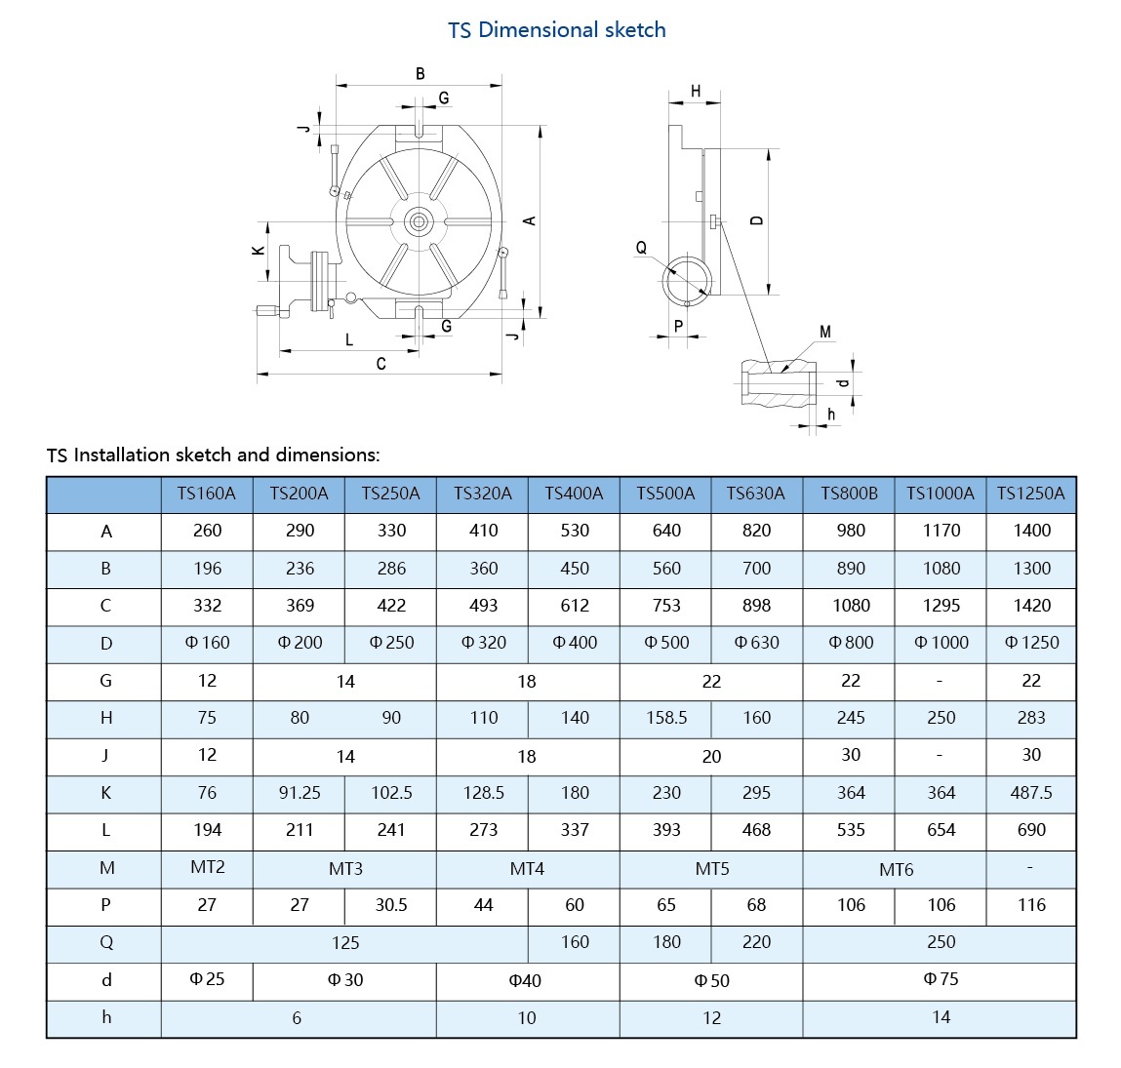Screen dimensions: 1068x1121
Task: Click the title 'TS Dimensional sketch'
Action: tap(557, 30)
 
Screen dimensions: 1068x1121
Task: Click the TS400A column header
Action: tap(574, 494)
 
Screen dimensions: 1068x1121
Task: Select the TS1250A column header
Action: tap(1031, 494)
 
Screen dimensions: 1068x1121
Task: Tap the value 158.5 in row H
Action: tap(666, 718)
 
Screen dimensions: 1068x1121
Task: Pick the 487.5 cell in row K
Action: tap(1031, 793)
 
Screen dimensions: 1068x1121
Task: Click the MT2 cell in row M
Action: tap(207, 867)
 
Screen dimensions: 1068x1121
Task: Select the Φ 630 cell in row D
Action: tap(756, 643)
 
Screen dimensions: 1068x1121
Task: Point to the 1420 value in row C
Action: tap(1031, 606)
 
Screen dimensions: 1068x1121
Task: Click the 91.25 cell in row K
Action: tap(300, 793)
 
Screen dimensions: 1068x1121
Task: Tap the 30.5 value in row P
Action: tap(391, 905)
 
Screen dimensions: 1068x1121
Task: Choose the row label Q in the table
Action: tap(106, 942)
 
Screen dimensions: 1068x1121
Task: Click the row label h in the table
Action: tap(106, 1017)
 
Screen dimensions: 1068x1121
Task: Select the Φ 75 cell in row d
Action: tap(941, 979)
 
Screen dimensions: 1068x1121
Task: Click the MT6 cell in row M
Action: tap(896, 869)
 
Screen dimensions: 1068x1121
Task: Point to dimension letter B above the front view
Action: tap(420, 74)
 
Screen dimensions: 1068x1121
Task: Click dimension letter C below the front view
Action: tap(380, 364)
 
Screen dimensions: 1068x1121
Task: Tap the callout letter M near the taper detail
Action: tap(825, 333)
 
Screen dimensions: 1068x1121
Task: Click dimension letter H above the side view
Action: tap(696, 92)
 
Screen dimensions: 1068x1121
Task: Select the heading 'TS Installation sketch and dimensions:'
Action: tap(214, 455)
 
